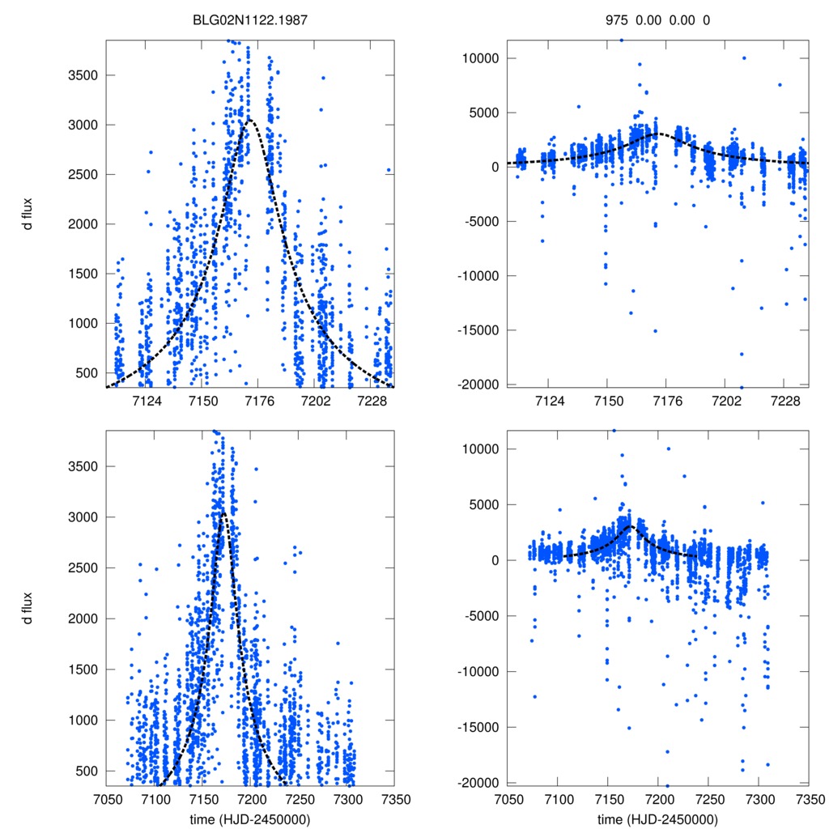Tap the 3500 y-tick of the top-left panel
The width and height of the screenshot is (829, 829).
tap(83, 75)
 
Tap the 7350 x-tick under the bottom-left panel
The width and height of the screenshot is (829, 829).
tap(395, 799)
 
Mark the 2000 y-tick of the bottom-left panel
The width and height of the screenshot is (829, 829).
tap(83, 619)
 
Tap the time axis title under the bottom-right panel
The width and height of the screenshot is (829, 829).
tap(657, 818)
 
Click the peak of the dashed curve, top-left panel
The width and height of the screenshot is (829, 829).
tap(249, 119)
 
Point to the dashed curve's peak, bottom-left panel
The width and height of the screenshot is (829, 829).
tap(223, 512)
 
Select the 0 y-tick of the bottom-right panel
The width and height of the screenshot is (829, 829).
tap(494, 560)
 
